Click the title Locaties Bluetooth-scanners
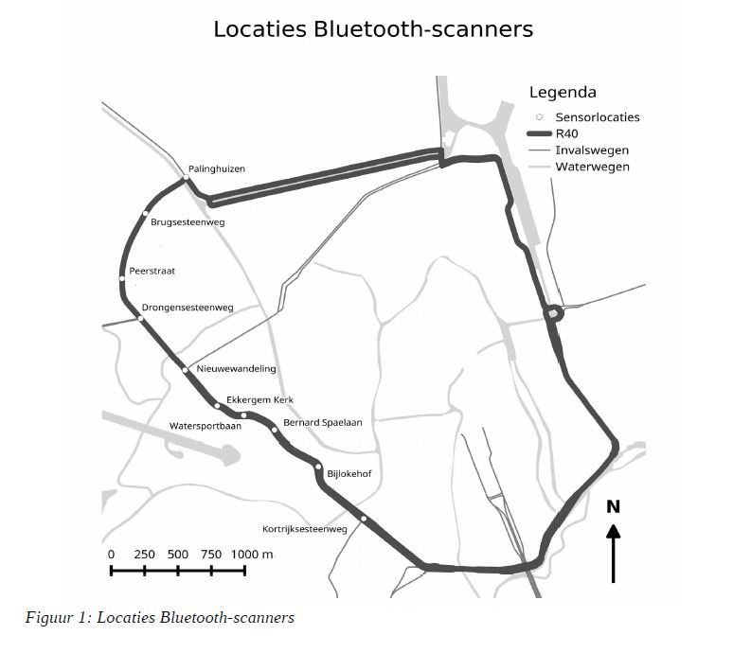pyautogui.click(x=373, y=29)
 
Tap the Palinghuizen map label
pyautogui.click(x=216, y=169)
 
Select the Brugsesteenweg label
pyautogui.click(x=188, y=222)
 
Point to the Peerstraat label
pyautogui.click(x=152, y=272)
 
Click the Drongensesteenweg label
pyautogui.click(x=187, y=308)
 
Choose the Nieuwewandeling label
pyautogui.click(x=236, y=369)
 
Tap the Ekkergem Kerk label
pyautogui.click(x=259, y=399)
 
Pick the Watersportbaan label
pyautogui.click(x=206, y=426)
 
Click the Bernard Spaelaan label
pyautogui.click(x=322, y=422)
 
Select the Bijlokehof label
pyautogui.click(x=349, y=473)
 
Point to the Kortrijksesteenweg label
pyautogui.click(x=304, y=529)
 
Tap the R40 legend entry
pyautogui.click(x=566, y=134)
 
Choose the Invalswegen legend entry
pyautogui.click(x=591, y=150)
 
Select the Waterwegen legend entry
pyautogui.click(x=592, y=168)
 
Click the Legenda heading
pyautogui.click(x=562, y=93)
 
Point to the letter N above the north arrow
pyautogui.click(x=613, y=507)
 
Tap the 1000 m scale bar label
pyautogui.click(x=252, y=555)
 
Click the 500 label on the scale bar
pyautogui.click(x=178, y=555)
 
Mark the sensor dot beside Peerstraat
pyautogui.click(x=122, y=278)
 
